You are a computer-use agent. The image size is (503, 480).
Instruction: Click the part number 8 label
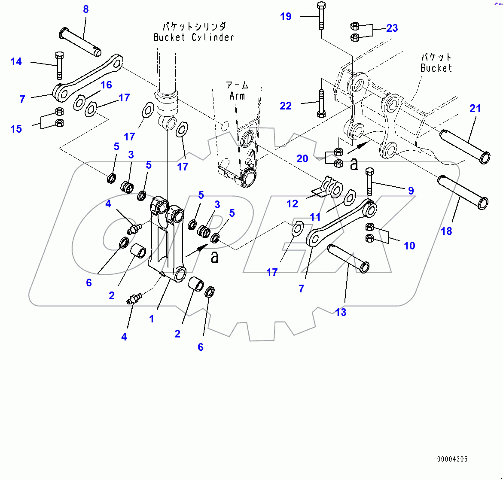point(86,9)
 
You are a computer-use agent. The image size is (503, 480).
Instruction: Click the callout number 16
point(106,85)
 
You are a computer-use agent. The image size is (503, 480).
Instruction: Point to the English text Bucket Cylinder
point(194,37)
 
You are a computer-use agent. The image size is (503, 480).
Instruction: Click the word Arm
point(237,96)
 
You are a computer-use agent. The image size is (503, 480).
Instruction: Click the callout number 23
point(392,28)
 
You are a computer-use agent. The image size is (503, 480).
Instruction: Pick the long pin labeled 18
point(463,191)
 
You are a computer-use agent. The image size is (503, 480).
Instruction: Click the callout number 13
point(341,312)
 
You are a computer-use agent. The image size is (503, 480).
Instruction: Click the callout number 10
point(409,246)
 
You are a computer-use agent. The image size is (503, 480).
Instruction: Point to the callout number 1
point(151,319)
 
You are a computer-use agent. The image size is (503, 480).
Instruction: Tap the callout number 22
point(286,106)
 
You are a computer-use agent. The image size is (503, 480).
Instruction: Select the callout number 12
point(292,204)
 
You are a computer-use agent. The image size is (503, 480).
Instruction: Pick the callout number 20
point(302,158)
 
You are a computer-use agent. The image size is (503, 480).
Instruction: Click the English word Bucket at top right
point(436,68)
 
